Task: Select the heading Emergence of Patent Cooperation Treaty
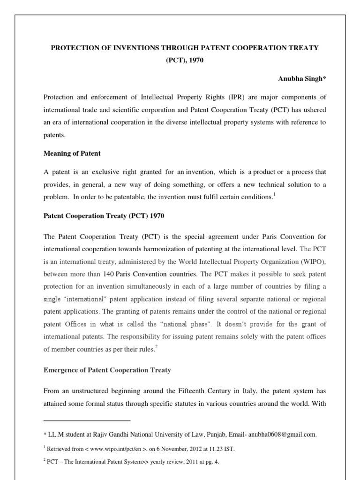pos(107,370)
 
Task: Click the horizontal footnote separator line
pos(87,420)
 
